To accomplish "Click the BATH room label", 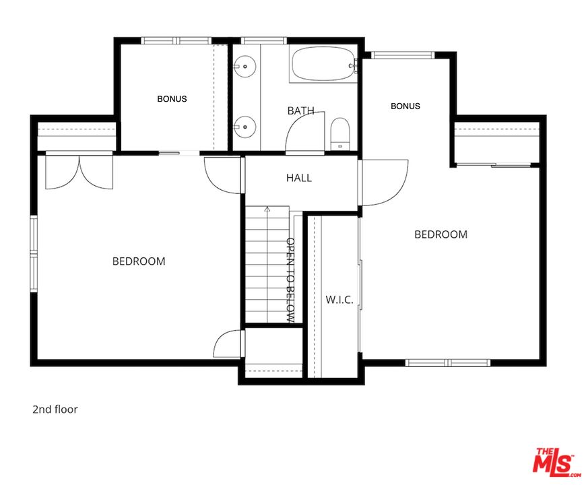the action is (x=300, y=110).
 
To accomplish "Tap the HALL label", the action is (x=299, y=178).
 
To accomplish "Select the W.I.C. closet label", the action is (x=339, y=300).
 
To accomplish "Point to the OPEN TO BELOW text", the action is (x=290, y=280).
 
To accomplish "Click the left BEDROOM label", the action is (x=139, y=261).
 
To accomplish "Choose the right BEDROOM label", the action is (x=441, y=234).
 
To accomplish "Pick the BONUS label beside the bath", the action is (x=172, y=99).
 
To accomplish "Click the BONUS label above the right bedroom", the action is (x=405, y=106).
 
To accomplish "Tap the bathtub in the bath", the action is (x=323, y=63).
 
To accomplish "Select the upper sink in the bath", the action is (x=245, y=67).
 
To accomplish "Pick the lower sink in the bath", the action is (x=245, y=127).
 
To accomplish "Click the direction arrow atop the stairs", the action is (x=267, y=209).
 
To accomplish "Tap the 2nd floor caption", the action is (x=55, y=410).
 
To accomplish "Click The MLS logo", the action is (x=556, y=462).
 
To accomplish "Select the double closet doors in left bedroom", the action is (x=79, y=172).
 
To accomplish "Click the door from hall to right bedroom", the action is (x=384, y=183).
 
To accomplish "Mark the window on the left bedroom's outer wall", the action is (x=34, y=254).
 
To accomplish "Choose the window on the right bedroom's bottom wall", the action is (x=448, y=362).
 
